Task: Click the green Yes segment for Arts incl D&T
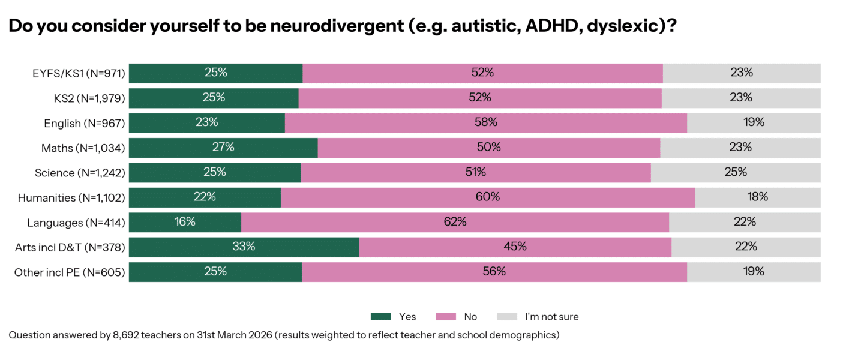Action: [244, 247]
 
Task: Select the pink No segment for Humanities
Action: [487, 197]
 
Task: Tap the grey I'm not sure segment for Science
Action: [735, 172]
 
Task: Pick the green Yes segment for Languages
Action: [185, 222]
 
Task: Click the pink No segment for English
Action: [486, 122]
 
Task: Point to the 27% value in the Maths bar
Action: [223, 147]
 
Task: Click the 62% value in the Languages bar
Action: [455, 222]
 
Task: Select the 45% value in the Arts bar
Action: [515, 247]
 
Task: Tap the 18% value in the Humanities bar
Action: [757, 197]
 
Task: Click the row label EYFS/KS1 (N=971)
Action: [78, 73]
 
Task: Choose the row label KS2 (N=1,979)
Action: [88, 98]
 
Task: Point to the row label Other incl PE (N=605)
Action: [70, 272]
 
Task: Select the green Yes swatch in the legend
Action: [381, 316]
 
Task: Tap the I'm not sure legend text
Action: [551, 316]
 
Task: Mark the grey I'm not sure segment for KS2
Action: [741, 98]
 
